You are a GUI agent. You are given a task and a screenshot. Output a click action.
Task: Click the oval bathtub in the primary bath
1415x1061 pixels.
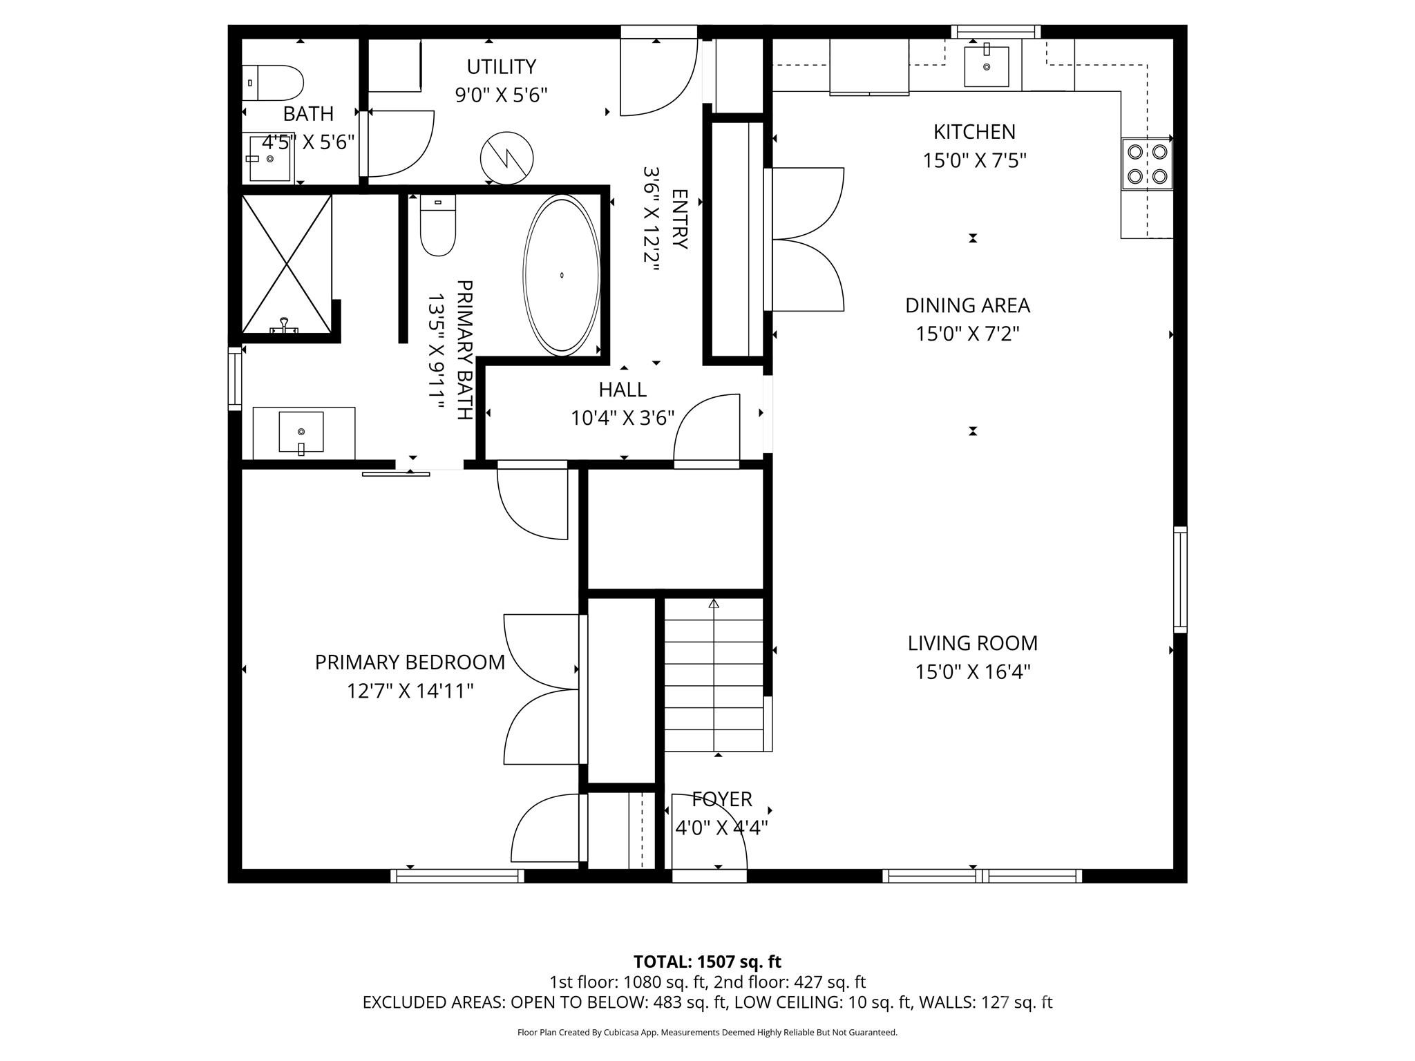[x=562, y=275]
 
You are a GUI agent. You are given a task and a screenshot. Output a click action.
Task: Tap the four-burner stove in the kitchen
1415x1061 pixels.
[x=1147, y=164]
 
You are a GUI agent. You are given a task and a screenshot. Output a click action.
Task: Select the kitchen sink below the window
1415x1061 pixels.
[x=986, y=66]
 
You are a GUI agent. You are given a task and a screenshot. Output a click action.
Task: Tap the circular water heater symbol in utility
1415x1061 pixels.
[x=507, y=158]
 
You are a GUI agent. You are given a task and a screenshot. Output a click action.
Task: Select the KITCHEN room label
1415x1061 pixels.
[x=974, y=131]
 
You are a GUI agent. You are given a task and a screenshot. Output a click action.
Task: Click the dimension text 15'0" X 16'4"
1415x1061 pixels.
[x=973, y=672]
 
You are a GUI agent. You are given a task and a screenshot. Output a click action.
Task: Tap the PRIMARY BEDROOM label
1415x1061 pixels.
[x=410, y=662]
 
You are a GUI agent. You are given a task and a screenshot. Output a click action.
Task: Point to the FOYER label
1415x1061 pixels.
[x=722, y=799]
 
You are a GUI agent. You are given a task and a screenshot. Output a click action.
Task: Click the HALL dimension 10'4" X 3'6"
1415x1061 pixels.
[x=623, y=419]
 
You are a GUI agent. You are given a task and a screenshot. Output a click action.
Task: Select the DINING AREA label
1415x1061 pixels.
[x=967, y=305]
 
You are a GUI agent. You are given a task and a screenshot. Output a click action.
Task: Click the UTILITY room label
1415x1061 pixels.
[x=501, y=67]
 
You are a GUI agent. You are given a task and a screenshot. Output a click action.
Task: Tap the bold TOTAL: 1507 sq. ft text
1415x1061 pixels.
[x=707, y=962]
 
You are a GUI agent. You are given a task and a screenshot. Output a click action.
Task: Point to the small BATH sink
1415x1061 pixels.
[x=269, y=159]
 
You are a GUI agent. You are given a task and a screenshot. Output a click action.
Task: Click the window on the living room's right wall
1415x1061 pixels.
[x=1180, y=579]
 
